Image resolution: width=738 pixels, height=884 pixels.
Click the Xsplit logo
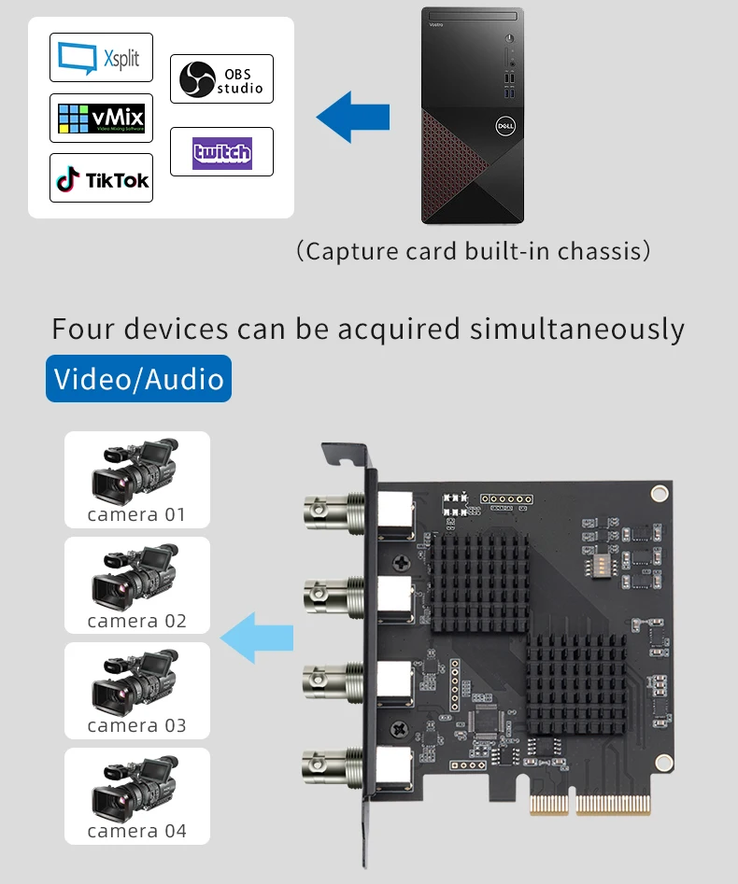tap(100, 58)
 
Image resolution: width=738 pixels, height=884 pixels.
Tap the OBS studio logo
tap(221, 79)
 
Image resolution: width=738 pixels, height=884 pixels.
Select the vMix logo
tap(101, 118)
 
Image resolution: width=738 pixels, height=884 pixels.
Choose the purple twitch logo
tap(221, 152)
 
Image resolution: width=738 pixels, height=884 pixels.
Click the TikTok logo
tap(101, 179)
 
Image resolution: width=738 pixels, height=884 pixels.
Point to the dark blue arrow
tap(352, 117)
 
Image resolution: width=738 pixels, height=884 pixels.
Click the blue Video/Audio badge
tap(138, 379)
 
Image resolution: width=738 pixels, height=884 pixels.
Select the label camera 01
tap(136, 514)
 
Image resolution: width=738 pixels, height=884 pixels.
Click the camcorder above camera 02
tap(135, 577)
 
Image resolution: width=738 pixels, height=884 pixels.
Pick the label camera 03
tap(136, 725)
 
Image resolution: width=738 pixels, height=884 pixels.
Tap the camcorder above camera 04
tap(135, 787)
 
